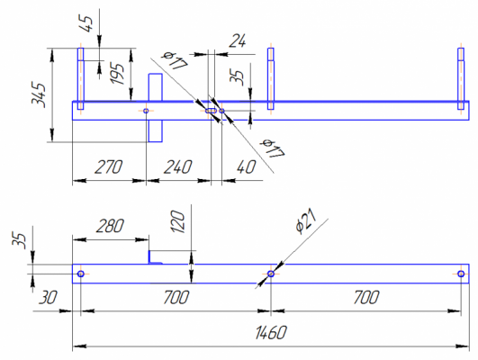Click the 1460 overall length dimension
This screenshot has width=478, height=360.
(x=271, y=333)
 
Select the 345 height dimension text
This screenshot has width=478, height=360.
(x=39, y=94)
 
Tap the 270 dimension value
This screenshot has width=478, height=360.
(x=109, y=166)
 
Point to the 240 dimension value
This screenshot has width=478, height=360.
(x=178, y=166)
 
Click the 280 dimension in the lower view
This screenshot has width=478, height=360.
(x=111, y=226)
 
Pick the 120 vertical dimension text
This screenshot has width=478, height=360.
(x=178, y=221)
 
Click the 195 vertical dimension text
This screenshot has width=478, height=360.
(x=117, y=74)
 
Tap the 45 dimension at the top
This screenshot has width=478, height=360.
(x=86, y=23)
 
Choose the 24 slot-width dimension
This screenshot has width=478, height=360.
(x=237, y=40)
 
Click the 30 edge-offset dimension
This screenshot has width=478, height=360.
(x=48, y=298)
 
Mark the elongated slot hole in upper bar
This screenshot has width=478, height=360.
(x=211, y=111)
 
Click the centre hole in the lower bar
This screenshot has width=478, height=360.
(x=271, y=274)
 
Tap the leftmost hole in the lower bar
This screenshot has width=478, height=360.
(x=80, y=274)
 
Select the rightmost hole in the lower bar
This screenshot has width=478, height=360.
(x=461, y=274)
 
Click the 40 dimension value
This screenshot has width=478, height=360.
(x=246, y=166)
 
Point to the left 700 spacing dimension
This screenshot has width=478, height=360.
(x=176, y=298)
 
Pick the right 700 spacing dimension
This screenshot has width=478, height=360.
(x=366, y=298)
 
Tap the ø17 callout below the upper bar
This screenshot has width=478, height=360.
(x=274, y=148)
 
